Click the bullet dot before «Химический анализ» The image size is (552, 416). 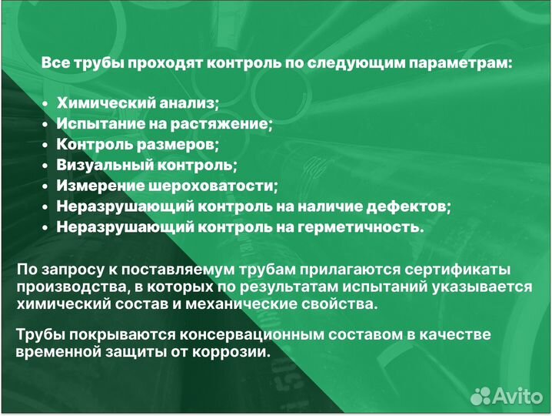[x=45, y=103]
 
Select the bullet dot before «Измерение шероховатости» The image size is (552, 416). [x=45, y=186]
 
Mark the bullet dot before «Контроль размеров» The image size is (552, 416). [x=45, y=145]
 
